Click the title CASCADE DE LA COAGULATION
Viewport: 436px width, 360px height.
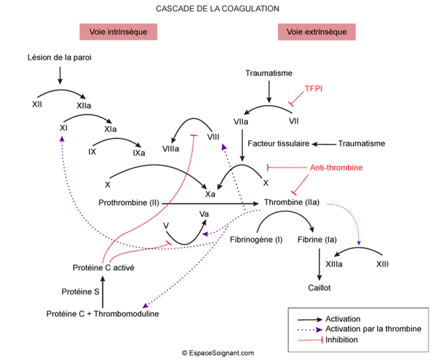pyautogui.click(x=217, y=9)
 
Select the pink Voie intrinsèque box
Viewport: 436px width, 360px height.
pyautogui.click(x=117, y=32)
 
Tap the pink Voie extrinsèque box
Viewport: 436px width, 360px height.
pyautogui.click(x=317, y=32)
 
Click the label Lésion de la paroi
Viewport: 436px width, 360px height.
pyautogui.click(x=60, y=58)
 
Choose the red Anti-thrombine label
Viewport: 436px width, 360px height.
pyautogui.click(x=336, y=168)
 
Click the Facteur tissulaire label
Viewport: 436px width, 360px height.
pyautogui.click(x=279, y=144)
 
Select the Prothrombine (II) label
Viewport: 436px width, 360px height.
pyautogui.click(x=129, y=203)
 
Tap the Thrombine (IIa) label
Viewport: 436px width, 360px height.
pyautogui.click(x=292, y=203)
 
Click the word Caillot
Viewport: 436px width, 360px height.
pyautogui.click(x=319, y=288)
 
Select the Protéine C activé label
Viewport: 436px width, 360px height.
pyautogui.click(x=103, y=267)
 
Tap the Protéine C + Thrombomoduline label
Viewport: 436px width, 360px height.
pyautogui.click(x=103, y=314)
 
